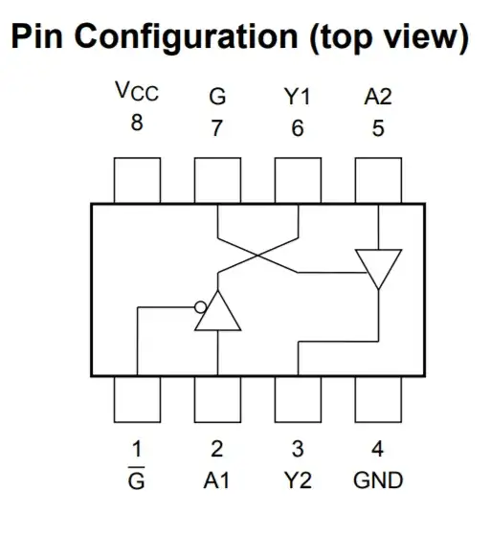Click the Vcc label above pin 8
click(137, 93)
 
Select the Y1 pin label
click(298, 96)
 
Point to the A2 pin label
click(378, 96)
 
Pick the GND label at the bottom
click(378, 479)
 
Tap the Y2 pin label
click(298, 479)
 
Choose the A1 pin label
click(217, 479)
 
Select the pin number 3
click(298, 447)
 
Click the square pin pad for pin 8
click(138, 181)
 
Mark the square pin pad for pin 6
click(298, 181)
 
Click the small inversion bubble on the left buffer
click(200, 307)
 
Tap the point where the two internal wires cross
click(258, 255)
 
